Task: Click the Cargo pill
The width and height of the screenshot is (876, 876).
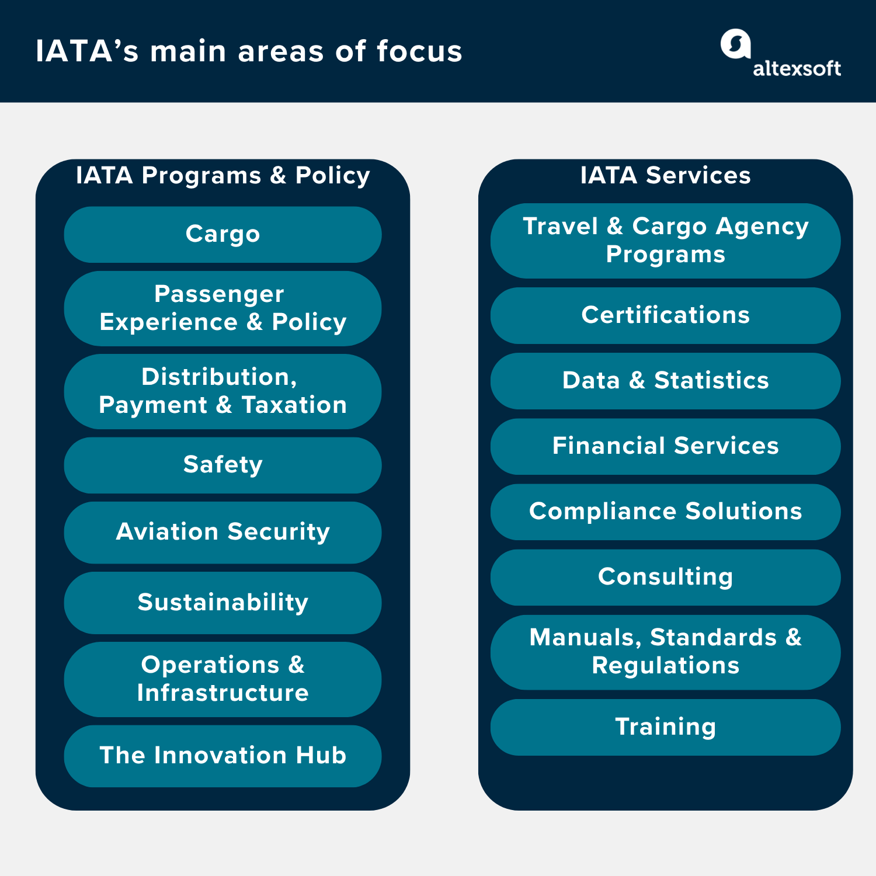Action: click(x=223, y=234)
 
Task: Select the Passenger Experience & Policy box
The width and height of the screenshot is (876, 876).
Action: click(x=223, y=308)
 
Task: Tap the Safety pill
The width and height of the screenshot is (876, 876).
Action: click(x=223, y=465)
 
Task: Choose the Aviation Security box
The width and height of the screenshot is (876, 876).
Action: click(x=223, y=532)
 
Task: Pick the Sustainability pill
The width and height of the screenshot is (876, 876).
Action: click(x=223, y=603)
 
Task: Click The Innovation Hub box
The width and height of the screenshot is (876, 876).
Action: click(x=223, y=756)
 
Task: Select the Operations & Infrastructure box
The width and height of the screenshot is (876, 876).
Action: click(x=223, y=679)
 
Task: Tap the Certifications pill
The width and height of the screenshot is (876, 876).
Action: click(x=665, y=315)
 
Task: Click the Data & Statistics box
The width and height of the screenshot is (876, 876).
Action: click(x=665, y=381)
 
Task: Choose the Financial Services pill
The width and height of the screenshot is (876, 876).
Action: click(x=665, y=446)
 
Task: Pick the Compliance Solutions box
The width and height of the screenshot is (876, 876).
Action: click(x=665, y=512)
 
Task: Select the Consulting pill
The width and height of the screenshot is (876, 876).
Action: click(x=665, y=577)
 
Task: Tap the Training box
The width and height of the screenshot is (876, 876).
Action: click(x=665, y=727)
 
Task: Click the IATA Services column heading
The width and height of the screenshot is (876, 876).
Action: click(x=665, y=175)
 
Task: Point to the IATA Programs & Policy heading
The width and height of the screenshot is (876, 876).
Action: click(x=223, y=175)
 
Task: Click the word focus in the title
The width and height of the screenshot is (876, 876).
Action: click(x=419, y=51)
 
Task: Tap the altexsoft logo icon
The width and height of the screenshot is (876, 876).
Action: click(x=735, y=44)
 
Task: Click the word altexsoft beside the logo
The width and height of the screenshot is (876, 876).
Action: click(x=797, y=69)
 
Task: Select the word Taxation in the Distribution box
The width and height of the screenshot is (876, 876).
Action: click(x=294, y=405)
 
